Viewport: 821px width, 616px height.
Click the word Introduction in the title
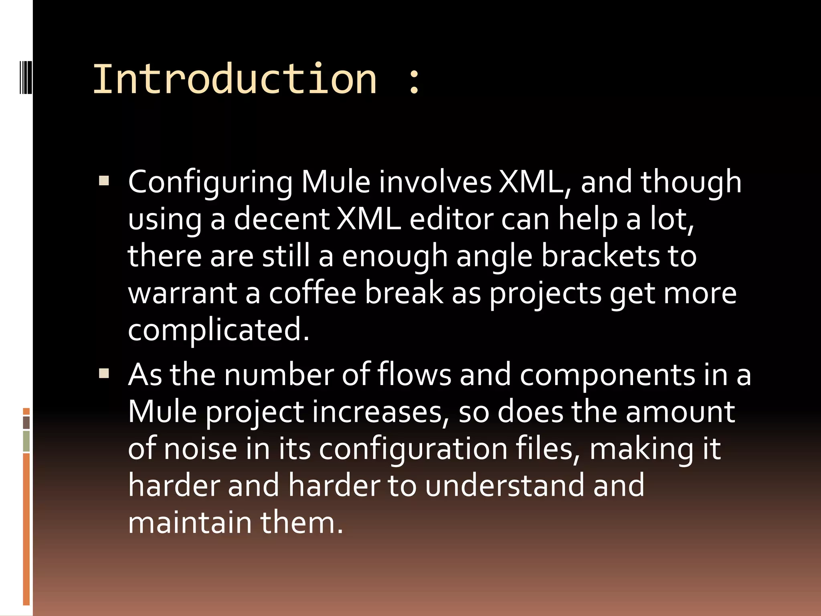235,79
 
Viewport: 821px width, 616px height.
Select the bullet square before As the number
104,373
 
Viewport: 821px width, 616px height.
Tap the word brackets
600,256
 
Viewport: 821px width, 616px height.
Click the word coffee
312,293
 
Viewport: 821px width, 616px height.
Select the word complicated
218,330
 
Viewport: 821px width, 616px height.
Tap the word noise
200,449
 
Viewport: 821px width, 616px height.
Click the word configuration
413,450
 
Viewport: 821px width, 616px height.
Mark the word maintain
190,523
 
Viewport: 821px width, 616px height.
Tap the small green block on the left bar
26,441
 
